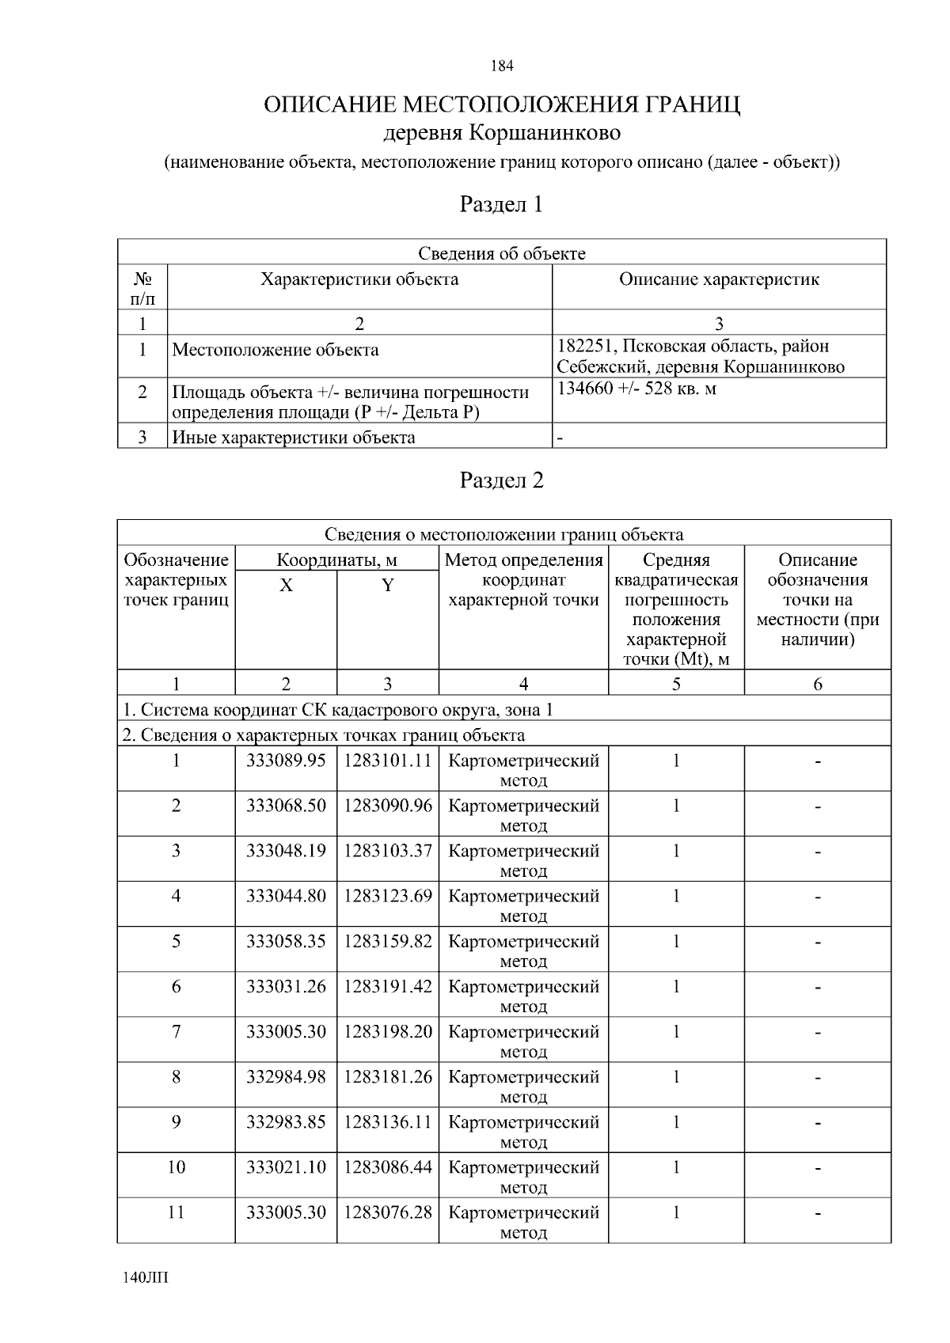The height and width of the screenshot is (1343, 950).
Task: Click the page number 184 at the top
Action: [x=502, y=66]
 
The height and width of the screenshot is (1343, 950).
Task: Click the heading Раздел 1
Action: [x=502, y=205]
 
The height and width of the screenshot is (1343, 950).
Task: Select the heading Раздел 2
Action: [x=502, y=480]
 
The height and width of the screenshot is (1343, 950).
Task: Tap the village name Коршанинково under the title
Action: [x=545, y=133]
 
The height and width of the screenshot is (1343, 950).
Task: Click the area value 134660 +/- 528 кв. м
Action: [x=637, y=389]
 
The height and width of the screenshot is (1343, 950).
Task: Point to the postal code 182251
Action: [x=586, y=347]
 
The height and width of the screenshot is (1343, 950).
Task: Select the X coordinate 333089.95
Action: [x=286, y=761]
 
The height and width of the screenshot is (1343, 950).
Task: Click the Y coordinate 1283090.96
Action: [x=388, y=806]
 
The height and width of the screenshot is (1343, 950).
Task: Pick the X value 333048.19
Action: [x=286, y=852]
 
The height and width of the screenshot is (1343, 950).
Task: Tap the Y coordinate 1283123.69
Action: [x=388, y=897]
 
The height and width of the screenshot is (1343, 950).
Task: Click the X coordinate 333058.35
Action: [x=286, y=942]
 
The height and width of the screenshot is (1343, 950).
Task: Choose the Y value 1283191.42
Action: [x=388, y=987]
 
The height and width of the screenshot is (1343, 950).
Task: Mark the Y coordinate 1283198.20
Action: [x=388, y=1032]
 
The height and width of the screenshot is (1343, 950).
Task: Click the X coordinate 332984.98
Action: [x=286, y=1077]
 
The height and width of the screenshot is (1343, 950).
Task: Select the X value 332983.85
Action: [x=286, y=1122]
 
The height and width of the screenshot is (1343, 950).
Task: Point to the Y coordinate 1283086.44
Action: [x=388, y=1167]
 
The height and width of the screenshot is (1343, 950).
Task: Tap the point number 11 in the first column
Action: [x=176, y=1212]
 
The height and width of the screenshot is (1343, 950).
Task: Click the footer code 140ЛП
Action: [x=146, y=1278]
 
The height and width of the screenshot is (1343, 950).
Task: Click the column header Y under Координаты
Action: [x=388, y=586]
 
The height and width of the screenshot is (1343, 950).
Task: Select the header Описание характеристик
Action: [x=719, y=279]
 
